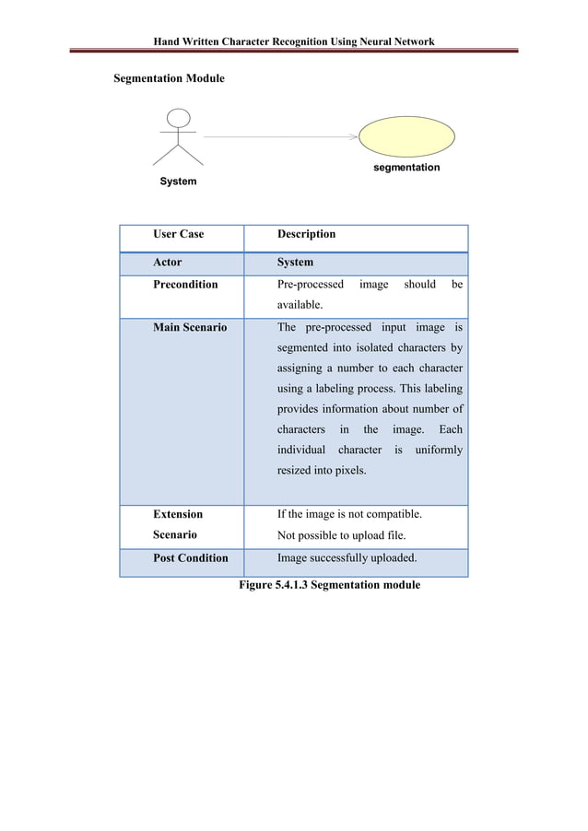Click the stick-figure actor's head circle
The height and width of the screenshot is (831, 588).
[179, 119]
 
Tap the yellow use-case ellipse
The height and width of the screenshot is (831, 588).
[406, 136]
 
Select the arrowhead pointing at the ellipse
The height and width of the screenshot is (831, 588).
[354, 137]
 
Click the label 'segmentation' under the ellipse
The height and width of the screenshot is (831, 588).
[406, 168]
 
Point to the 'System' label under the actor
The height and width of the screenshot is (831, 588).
[178, 181]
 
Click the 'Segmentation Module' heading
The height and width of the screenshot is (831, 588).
[169, 79]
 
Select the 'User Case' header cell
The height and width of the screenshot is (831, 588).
[179, 234]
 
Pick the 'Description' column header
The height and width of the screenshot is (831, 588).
[306, 234]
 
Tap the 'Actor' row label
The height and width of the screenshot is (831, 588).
[168, 262]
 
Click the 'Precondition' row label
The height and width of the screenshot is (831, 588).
[185, 285]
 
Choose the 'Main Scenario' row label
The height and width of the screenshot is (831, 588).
[190, 327]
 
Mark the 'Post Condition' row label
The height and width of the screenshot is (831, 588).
[191, 558]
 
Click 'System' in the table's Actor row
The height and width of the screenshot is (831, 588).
[295, 262]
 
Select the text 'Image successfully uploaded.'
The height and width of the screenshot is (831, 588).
[347, 558]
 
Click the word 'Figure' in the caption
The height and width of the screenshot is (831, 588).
[255, 585]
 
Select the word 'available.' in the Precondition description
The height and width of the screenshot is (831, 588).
[300, 305]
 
